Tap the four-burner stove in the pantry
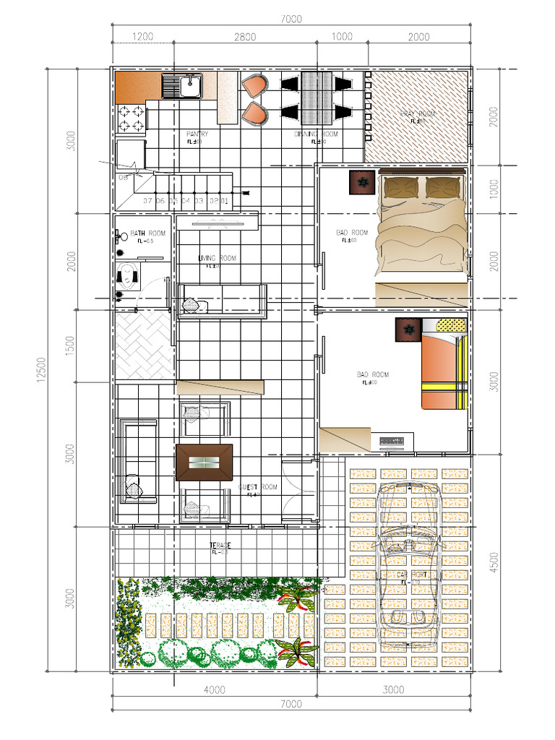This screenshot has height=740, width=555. coord(131,120)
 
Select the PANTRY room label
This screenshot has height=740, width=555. coord(197,134)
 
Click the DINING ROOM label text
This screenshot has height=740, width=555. coord(315,134)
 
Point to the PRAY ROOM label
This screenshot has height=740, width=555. coord(417,114)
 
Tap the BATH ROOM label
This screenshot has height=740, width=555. coord(147,233)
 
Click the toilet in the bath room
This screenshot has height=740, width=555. coord(128,276)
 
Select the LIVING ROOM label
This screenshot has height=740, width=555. coord(217,259)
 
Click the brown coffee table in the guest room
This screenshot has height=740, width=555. coord(204,462)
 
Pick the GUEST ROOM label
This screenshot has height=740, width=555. coord(257,487)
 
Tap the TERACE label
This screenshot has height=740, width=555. coord(219,545)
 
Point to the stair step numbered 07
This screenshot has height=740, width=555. coord(147,200)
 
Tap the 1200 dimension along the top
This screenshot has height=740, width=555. coord(142,37)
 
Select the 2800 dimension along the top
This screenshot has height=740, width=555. coord(245,37)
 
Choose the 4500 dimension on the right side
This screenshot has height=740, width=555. coord(494,562)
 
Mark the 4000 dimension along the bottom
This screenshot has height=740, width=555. coord(214,689)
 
